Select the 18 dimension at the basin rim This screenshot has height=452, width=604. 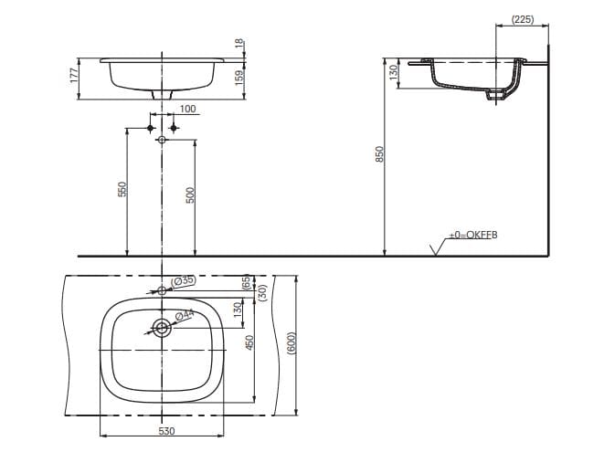[240, 44]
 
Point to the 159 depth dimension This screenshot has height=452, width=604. [240, 79]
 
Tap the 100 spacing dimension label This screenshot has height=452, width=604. [187, 110]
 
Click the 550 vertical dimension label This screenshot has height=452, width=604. [121, 189]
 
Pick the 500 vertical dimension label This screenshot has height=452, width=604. [191, 194]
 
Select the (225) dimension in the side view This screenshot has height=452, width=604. [523, 18]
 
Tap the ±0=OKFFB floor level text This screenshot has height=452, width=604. [472, 236]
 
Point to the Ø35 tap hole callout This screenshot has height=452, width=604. [184, 281]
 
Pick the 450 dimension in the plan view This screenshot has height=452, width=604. [249, 343]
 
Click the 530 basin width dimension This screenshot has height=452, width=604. [166, 430]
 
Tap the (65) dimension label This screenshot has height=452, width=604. [245, 282]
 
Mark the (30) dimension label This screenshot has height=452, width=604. [261, 293]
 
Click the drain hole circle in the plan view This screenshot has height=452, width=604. [162, 328]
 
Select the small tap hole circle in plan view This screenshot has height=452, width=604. [162, 290]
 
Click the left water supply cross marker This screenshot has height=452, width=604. [152, 129]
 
